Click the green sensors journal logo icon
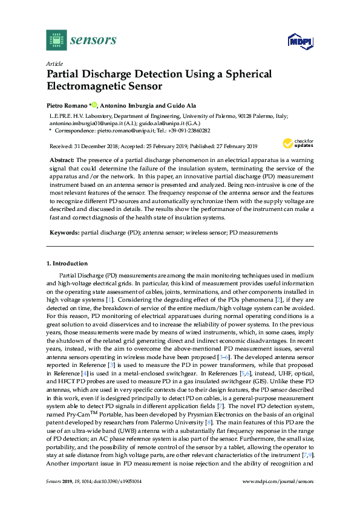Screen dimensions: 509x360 [x=56, y=41]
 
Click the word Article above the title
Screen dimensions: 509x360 [x=54, y=63]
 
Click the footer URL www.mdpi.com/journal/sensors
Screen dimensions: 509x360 [x=278, y=481]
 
